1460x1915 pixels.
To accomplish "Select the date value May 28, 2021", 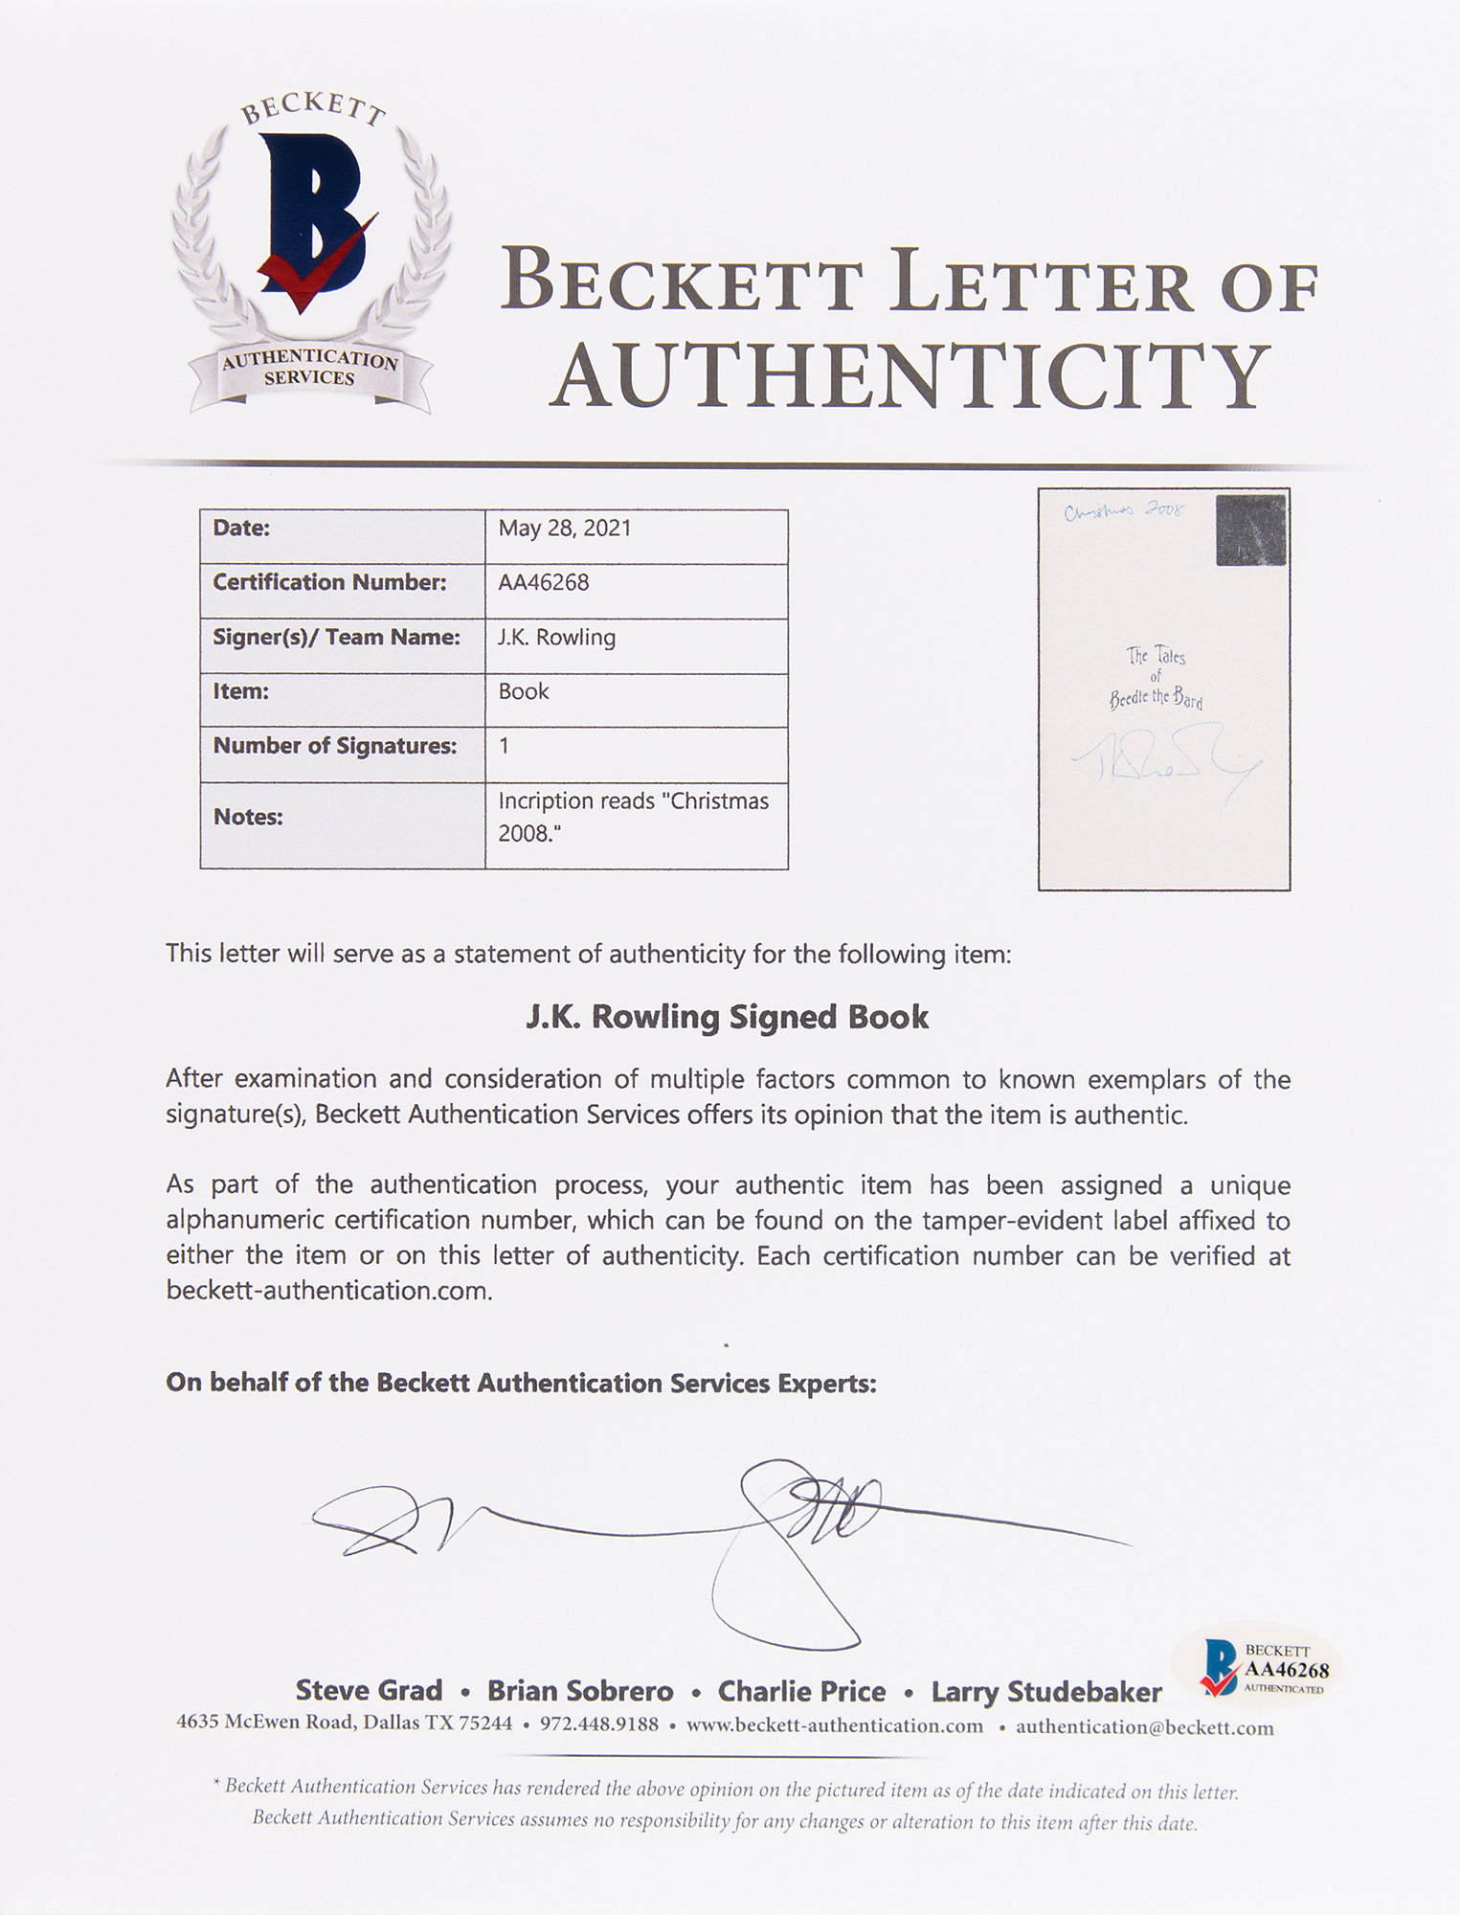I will coord(564,529).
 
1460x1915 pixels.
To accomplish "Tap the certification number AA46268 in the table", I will coord(543,582).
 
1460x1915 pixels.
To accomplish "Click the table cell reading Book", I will coord(524,691).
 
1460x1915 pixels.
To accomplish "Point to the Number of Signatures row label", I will coord(334,746).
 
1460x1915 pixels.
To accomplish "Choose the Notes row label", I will coord(247,817).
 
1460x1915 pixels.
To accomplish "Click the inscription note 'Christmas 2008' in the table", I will coord(633,816).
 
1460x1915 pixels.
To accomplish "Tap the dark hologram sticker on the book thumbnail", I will coord(1250,530).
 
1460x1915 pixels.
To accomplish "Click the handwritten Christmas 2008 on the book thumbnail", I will coord(1124,511).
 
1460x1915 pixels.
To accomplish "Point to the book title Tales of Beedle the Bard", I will coord(1157,678).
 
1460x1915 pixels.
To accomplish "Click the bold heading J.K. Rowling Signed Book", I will coord(728,1017).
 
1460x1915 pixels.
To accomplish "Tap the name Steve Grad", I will coord(369,1691).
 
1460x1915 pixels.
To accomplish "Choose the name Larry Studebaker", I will coord(1046,1692).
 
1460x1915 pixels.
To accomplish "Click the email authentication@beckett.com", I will coord(1144,1726).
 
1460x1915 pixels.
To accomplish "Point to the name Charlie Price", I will coord(801,1692).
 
